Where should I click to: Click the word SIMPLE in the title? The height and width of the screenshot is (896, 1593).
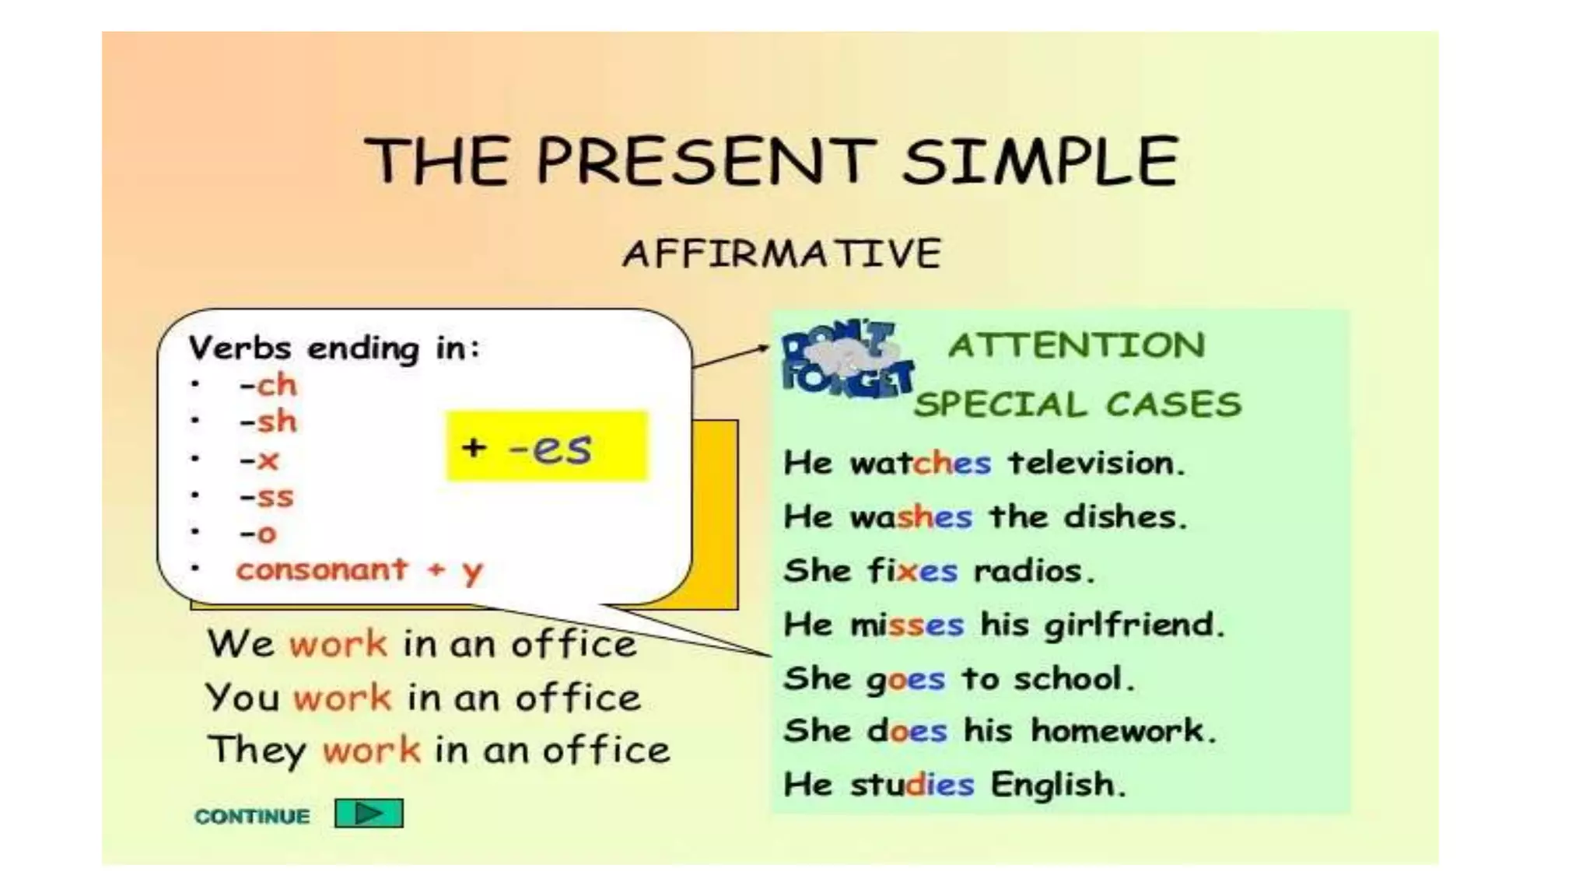tap(1041, 161)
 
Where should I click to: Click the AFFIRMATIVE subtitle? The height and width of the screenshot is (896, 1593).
tap(782, 254)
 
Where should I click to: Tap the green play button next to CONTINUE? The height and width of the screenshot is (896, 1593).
tap(369, 814)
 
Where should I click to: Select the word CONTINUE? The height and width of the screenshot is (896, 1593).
tap(252, 816)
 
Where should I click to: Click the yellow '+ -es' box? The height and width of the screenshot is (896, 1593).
tap(547, 446)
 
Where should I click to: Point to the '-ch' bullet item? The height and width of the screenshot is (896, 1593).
tap(268, 384)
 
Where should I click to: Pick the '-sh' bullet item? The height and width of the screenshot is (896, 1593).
tap(268, 422)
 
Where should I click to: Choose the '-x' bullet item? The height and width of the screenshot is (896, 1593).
tap(259, 460)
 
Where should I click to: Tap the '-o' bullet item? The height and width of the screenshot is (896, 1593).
tap(258, 534)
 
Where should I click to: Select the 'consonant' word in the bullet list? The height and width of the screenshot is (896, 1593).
tap(322, 570)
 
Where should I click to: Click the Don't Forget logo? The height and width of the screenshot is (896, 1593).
tap(846, 360)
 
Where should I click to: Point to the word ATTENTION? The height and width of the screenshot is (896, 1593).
tap(1077, 345)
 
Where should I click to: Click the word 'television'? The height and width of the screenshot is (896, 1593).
tap(1095, 463)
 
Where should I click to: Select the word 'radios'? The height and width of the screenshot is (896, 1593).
tap(1034, 571)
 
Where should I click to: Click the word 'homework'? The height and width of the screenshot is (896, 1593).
tap(1122, 730)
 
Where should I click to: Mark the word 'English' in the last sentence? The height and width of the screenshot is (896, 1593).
tap(1058, 784)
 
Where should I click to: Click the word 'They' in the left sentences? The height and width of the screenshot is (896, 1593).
tap(257, 751)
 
